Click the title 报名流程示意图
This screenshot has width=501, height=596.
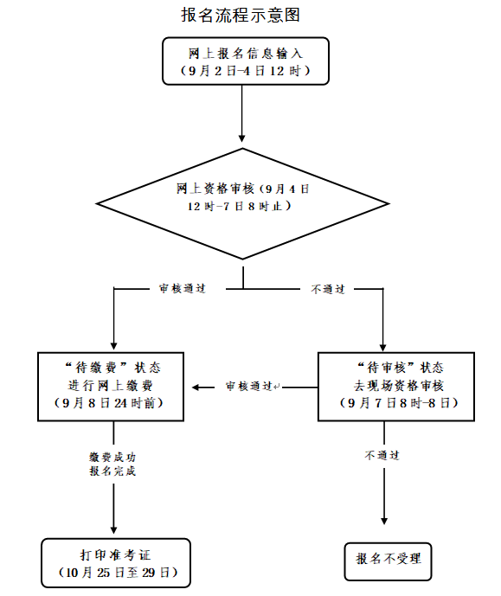pyautogui.click(x=241, y=16)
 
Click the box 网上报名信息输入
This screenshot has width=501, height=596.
pyautogui.click(x=246, y=61)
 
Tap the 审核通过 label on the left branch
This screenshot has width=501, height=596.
pyautogui.click(x=183, y=289)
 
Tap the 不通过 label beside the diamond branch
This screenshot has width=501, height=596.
pyautogui.click(x=328, y=289)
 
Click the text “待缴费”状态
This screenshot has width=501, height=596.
pyautogui.click(x=112, y=368)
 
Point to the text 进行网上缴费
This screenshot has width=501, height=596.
pyautogui.click(x=110, y=386)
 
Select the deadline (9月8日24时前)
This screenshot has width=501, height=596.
pyautogui.click(x=109, y=403)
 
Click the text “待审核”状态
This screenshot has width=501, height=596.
pyautogui.click(x=401, y=368)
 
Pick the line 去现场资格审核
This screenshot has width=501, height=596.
pyautogui.click(x=399, y=386)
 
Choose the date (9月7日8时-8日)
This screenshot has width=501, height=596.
pyautogui.click(x=399, y=403)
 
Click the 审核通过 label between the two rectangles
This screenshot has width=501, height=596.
pyautogui.click(x=249, y=387)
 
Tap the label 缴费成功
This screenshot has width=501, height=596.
pyautogui.click(x=112, y=457)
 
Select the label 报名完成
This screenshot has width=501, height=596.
pyautogui.click(x=112, y=471)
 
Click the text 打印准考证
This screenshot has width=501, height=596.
pyautogui.click(x=116, y=555)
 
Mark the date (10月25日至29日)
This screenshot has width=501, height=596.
pyautogui.click(x=119, y=573)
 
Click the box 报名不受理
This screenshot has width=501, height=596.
pyautogui.click(x=389, y=561)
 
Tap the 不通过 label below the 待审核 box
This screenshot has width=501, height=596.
pyautogui.click(x=382, y=455)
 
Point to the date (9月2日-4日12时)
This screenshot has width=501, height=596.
pyautogui.click(x=246, y=71)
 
